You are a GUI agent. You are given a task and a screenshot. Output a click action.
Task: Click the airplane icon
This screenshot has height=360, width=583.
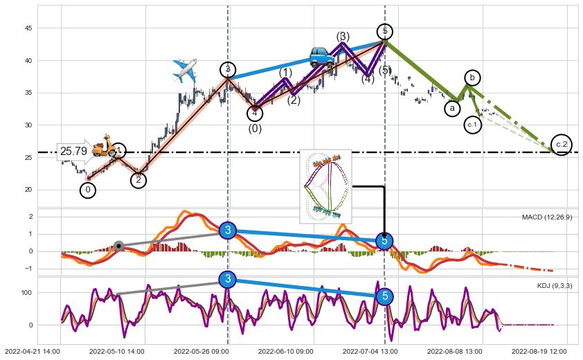(x=185, y=71)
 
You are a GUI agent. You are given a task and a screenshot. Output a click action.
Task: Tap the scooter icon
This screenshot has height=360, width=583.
(x=104, y=145)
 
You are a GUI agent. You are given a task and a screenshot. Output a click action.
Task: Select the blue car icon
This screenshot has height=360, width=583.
(x=322, y=57)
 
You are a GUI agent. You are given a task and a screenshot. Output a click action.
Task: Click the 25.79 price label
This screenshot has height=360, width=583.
(x=73, y=151)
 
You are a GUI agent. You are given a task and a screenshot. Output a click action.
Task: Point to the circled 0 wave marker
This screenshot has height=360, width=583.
(x=88, y=189)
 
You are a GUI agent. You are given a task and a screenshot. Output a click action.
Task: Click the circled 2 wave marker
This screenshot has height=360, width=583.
(x=138, y=180)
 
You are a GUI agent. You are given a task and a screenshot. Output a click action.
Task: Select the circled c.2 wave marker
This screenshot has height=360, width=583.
(x=562, y=144)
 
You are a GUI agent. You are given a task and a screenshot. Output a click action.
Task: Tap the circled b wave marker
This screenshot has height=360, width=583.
(x=472, y=78)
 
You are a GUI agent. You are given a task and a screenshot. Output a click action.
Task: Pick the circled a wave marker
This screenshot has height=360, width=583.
(x=452, y=108)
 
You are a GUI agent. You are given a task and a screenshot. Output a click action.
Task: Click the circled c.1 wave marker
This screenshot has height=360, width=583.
(x=472, y=125)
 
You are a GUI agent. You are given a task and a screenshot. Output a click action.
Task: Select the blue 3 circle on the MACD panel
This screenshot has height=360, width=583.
(x=228, y=231)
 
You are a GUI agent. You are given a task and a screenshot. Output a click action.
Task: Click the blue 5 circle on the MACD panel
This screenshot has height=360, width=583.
(x=385, y=241)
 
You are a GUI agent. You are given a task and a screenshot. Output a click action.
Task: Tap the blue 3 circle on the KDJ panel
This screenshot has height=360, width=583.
(x=228, y=279)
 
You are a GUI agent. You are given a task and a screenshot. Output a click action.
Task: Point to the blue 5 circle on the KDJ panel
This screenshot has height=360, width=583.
(x=386, y=296)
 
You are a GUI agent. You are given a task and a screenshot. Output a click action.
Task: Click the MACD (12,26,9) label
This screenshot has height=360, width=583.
(x=547, y=217)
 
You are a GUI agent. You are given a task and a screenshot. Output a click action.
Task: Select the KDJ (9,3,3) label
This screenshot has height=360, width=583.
(x=554, y=285)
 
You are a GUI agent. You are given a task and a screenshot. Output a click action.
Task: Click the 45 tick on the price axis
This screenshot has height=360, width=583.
(x=28, y=28)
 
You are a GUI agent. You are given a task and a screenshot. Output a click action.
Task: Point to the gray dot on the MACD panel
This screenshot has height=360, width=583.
(x=118, y=246)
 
